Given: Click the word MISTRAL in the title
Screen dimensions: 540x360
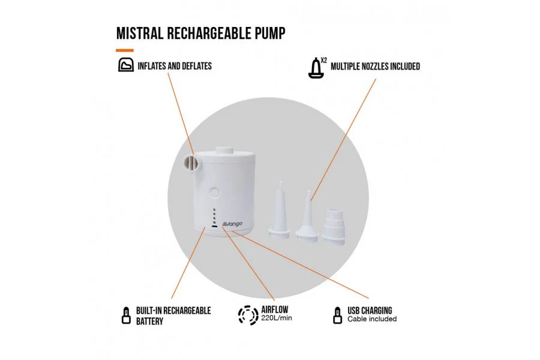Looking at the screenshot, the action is coord(139,33).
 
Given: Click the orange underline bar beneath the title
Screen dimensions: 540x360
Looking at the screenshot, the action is coord(125,50).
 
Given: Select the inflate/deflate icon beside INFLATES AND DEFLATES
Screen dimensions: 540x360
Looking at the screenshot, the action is coord(126,65).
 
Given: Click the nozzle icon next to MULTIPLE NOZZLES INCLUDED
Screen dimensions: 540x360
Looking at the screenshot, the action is coord(316,68).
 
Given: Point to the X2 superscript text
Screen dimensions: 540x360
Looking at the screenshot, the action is coord(324,60).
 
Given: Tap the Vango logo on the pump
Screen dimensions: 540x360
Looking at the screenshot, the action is coord(232,224).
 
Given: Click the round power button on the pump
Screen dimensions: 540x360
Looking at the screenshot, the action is coord(215,192).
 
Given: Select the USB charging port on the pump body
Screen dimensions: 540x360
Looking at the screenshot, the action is coord(214,227).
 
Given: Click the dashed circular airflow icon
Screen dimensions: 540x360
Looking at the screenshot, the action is coord(248,315).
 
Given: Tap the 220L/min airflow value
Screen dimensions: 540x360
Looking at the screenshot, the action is coord(276,318).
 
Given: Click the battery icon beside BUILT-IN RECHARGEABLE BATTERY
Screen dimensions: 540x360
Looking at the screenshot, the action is coord(127,316).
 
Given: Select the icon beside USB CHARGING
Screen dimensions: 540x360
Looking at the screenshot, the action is coord(337,316).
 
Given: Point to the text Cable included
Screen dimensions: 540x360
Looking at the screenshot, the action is coord(372,319).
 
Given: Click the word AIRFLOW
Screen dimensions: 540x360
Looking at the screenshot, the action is coord(274,310).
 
